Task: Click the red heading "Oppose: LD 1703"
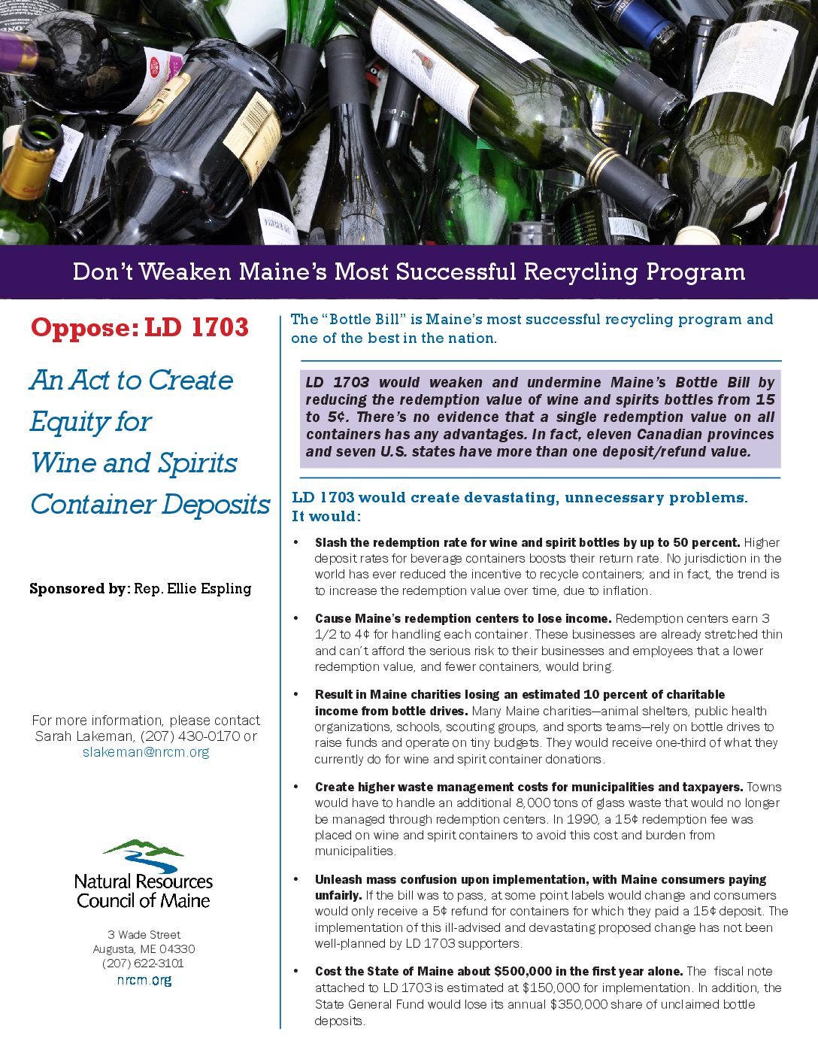point(140,328)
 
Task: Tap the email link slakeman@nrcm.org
point(146,752)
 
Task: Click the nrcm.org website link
point(144,980)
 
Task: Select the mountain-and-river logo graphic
point(143,855)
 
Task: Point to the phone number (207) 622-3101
point(143,963)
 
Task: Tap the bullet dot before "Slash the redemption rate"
point(296,542)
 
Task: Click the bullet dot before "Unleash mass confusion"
point(296,879)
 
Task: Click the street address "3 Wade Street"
point(144,935)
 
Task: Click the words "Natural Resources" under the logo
point(144,881)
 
